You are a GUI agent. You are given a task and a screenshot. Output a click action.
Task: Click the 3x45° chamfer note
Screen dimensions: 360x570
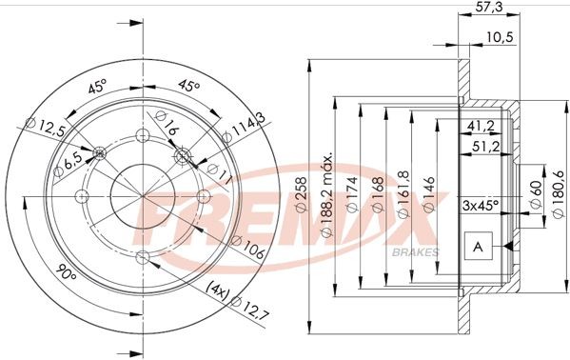click(481, 205)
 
